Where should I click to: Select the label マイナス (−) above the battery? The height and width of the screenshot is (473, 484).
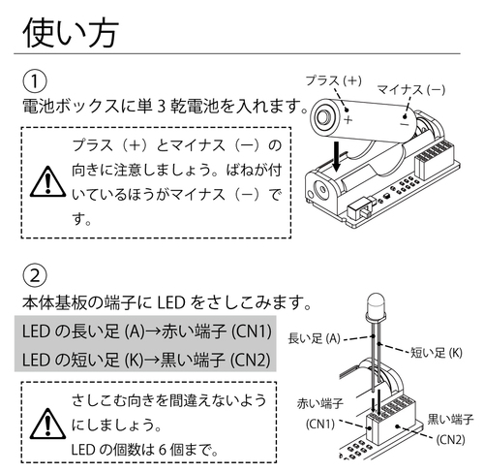pos(411,89)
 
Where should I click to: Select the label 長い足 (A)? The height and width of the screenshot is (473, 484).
pos(315,337)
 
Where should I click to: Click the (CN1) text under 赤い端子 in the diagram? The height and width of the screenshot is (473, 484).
pos(320,425)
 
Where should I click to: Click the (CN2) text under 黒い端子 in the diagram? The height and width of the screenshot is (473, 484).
pos(450,438)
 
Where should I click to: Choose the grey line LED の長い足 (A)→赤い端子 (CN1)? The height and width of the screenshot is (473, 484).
pos(147,331)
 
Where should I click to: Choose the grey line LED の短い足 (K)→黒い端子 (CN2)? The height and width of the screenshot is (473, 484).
pos(147,360)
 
